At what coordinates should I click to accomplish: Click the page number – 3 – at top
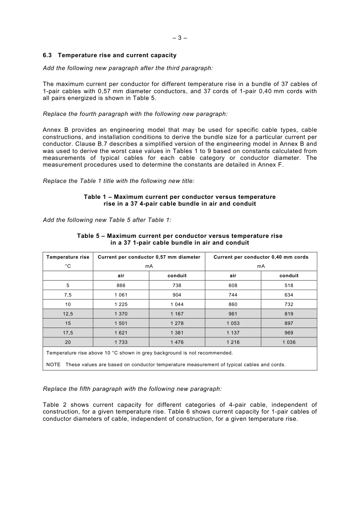click(x=180, y=38)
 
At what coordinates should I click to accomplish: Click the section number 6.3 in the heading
click(x=47, y=55)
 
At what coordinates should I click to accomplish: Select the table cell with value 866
click(x=121, y=286)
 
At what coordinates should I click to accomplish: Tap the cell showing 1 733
click(x=121, y=342)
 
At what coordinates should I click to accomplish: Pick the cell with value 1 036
click(x=289, y=342)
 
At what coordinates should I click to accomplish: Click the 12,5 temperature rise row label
click(x=68, y=314)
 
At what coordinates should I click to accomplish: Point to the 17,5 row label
click(x=68, y=333)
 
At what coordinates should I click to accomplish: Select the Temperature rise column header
click(x=68, y=257)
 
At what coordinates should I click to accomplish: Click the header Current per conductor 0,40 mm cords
click(x=261, y=257)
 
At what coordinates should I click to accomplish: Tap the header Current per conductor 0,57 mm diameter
click(x=149, y=257)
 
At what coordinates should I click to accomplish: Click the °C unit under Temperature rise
click(x=68, y=266)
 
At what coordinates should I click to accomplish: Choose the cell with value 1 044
click(x=177, y=304)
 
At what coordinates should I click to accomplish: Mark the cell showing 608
click(x=233, y=286)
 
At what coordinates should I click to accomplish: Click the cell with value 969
click(x=289, y=333)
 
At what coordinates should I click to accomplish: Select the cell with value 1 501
click(x=121, y=323)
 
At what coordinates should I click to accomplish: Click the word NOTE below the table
click(x=53, y=365)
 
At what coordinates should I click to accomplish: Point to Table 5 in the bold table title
click(x=88, y=236)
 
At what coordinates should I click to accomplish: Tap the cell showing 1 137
click(x=233, y=333)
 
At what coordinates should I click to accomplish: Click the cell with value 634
click(x=289, y=295)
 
